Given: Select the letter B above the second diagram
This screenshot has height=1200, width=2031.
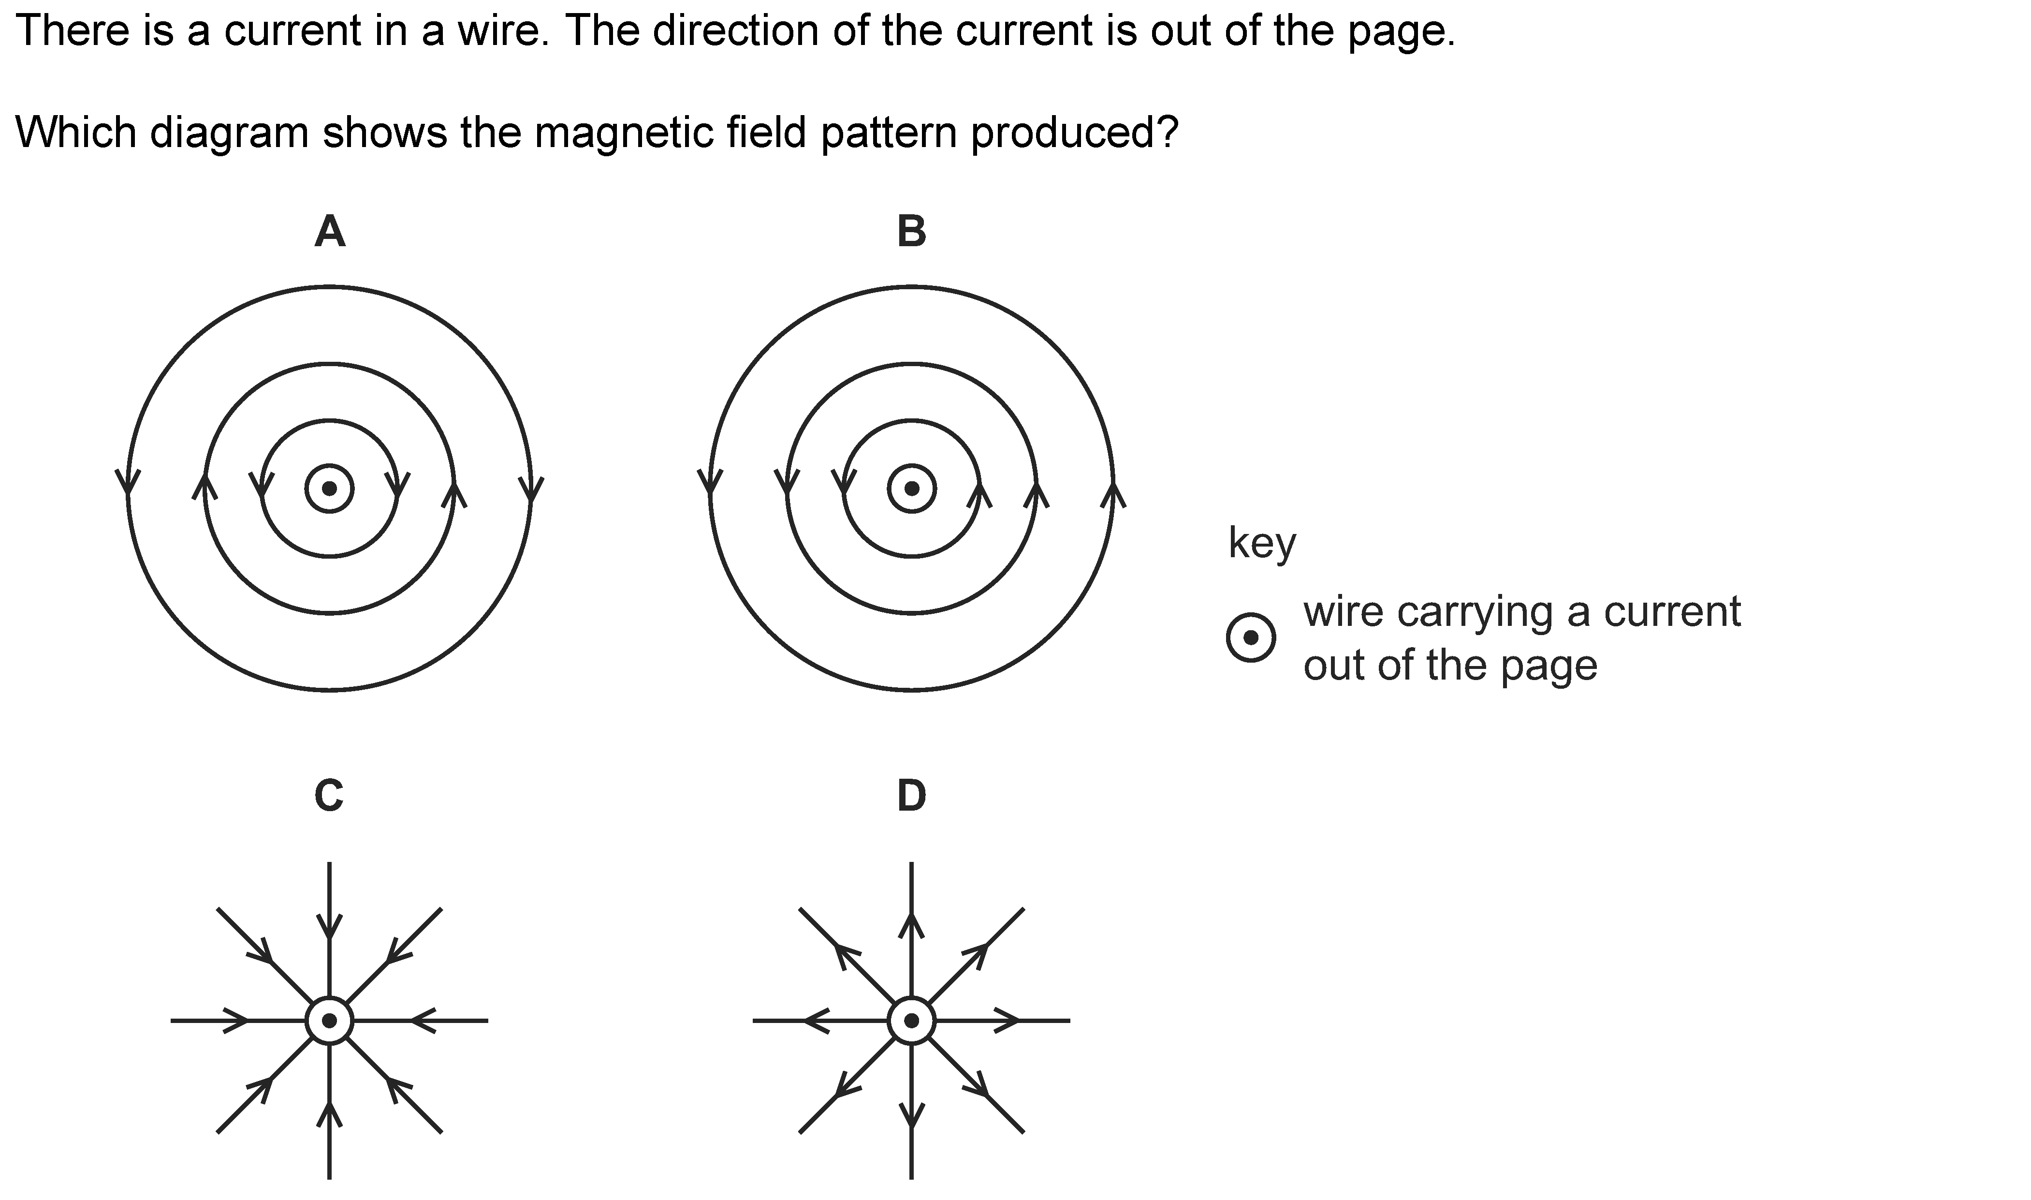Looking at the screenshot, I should point(912,232).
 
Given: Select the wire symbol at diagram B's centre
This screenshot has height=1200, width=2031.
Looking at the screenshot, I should point(912,489).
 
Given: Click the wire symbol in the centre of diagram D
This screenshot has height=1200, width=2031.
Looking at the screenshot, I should point(912,1021).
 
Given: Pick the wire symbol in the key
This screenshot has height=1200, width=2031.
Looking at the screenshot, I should point(1251,639).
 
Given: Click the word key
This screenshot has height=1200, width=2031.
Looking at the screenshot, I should point(1262,543).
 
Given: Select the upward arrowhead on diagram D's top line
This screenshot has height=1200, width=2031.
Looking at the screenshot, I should point(912,926).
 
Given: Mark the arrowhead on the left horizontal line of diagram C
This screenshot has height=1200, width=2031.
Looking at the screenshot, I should point(235,1021).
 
